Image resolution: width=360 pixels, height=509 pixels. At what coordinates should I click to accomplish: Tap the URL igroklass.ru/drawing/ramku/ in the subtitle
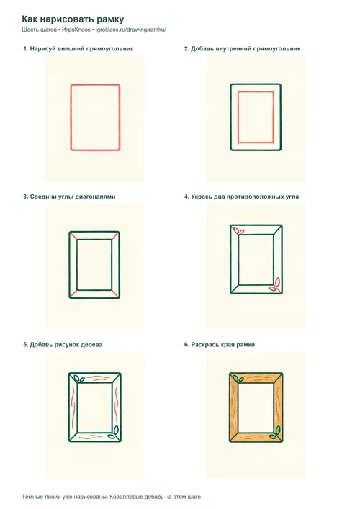tap(131, 30)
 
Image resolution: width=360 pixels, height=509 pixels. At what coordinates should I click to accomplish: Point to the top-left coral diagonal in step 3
tap(73, 236)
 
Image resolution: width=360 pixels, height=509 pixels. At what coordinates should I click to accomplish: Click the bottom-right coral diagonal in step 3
tap(116, 294)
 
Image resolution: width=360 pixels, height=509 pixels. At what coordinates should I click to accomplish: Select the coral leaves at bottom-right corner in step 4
tap(274, 285)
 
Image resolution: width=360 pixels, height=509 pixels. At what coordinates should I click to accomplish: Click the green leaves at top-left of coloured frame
tap(238, 378)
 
